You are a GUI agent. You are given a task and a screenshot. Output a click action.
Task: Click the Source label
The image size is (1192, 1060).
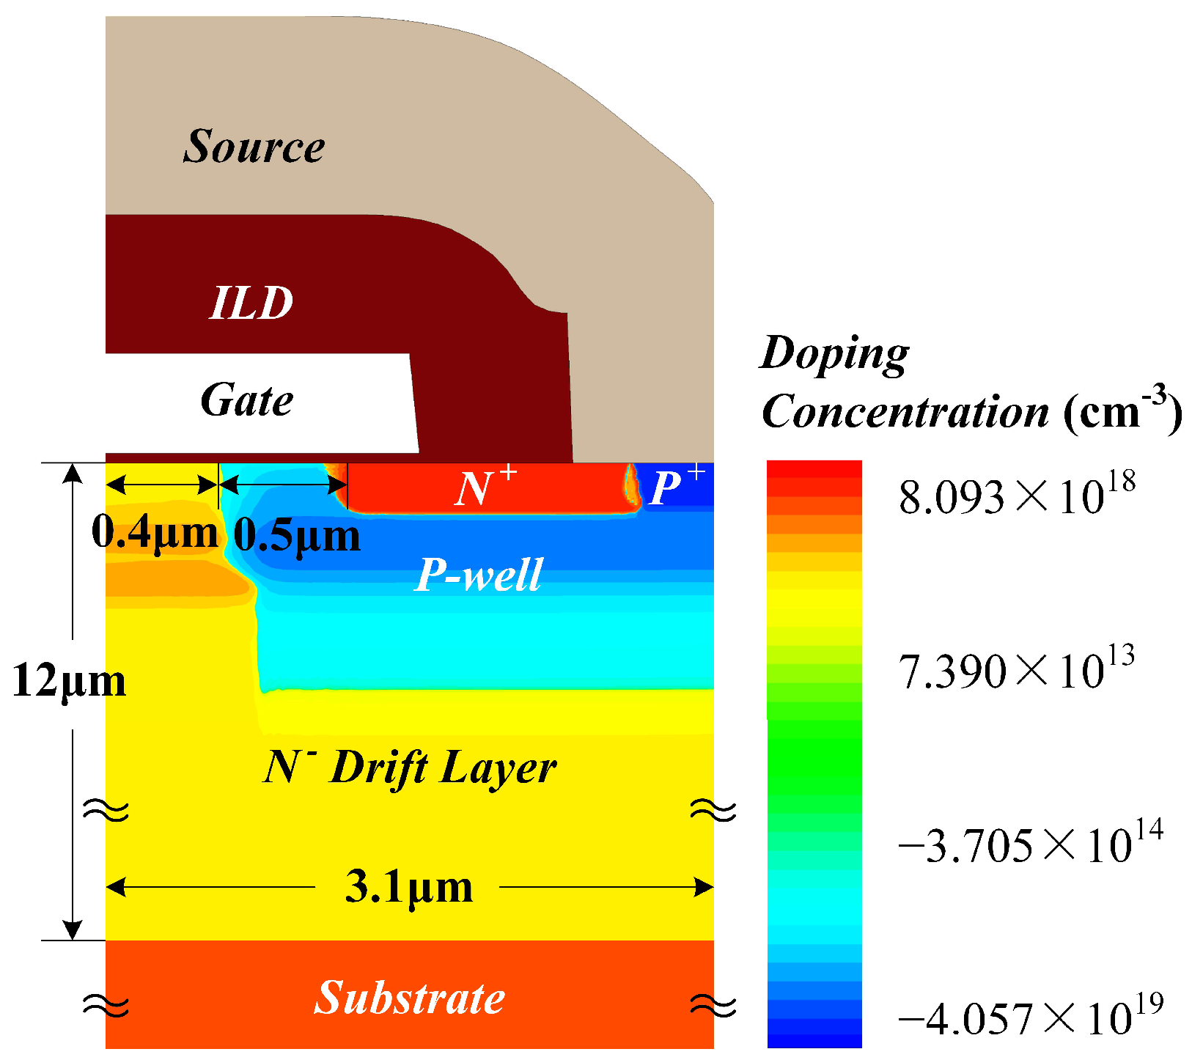254,146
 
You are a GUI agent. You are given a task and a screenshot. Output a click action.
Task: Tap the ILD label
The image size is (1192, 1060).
251,302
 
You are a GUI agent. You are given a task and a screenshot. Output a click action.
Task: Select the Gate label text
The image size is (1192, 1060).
247,400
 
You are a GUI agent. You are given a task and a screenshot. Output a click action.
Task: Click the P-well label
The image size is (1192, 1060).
479,575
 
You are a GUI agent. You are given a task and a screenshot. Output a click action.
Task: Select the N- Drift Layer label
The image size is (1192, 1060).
409,768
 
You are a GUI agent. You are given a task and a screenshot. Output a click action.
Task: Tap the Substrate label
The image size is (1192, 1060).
409,998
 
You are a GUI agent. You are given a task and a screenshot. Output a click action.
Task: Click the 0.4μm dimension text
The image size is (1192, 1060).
155,532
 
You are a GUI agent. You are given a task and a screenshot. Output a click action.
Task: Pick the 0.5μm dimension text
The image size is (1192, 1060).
297,537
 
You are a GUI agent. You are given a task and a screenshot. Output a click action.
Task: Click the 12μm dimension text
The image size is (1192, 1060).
69,681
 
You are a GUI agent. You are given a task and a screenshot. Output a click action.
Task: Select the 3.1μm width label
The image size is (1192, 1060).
408,888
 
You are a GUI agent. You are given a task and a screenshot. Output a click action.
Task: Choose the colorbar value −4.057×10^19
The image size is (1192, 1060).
1030,1017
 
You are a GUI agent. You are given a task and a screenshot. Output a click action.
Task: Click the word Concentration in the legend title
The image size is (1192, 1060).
905,412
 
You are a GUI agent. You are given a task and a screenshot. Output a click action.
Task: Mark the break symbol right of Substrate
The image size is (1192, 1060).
713,1005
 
